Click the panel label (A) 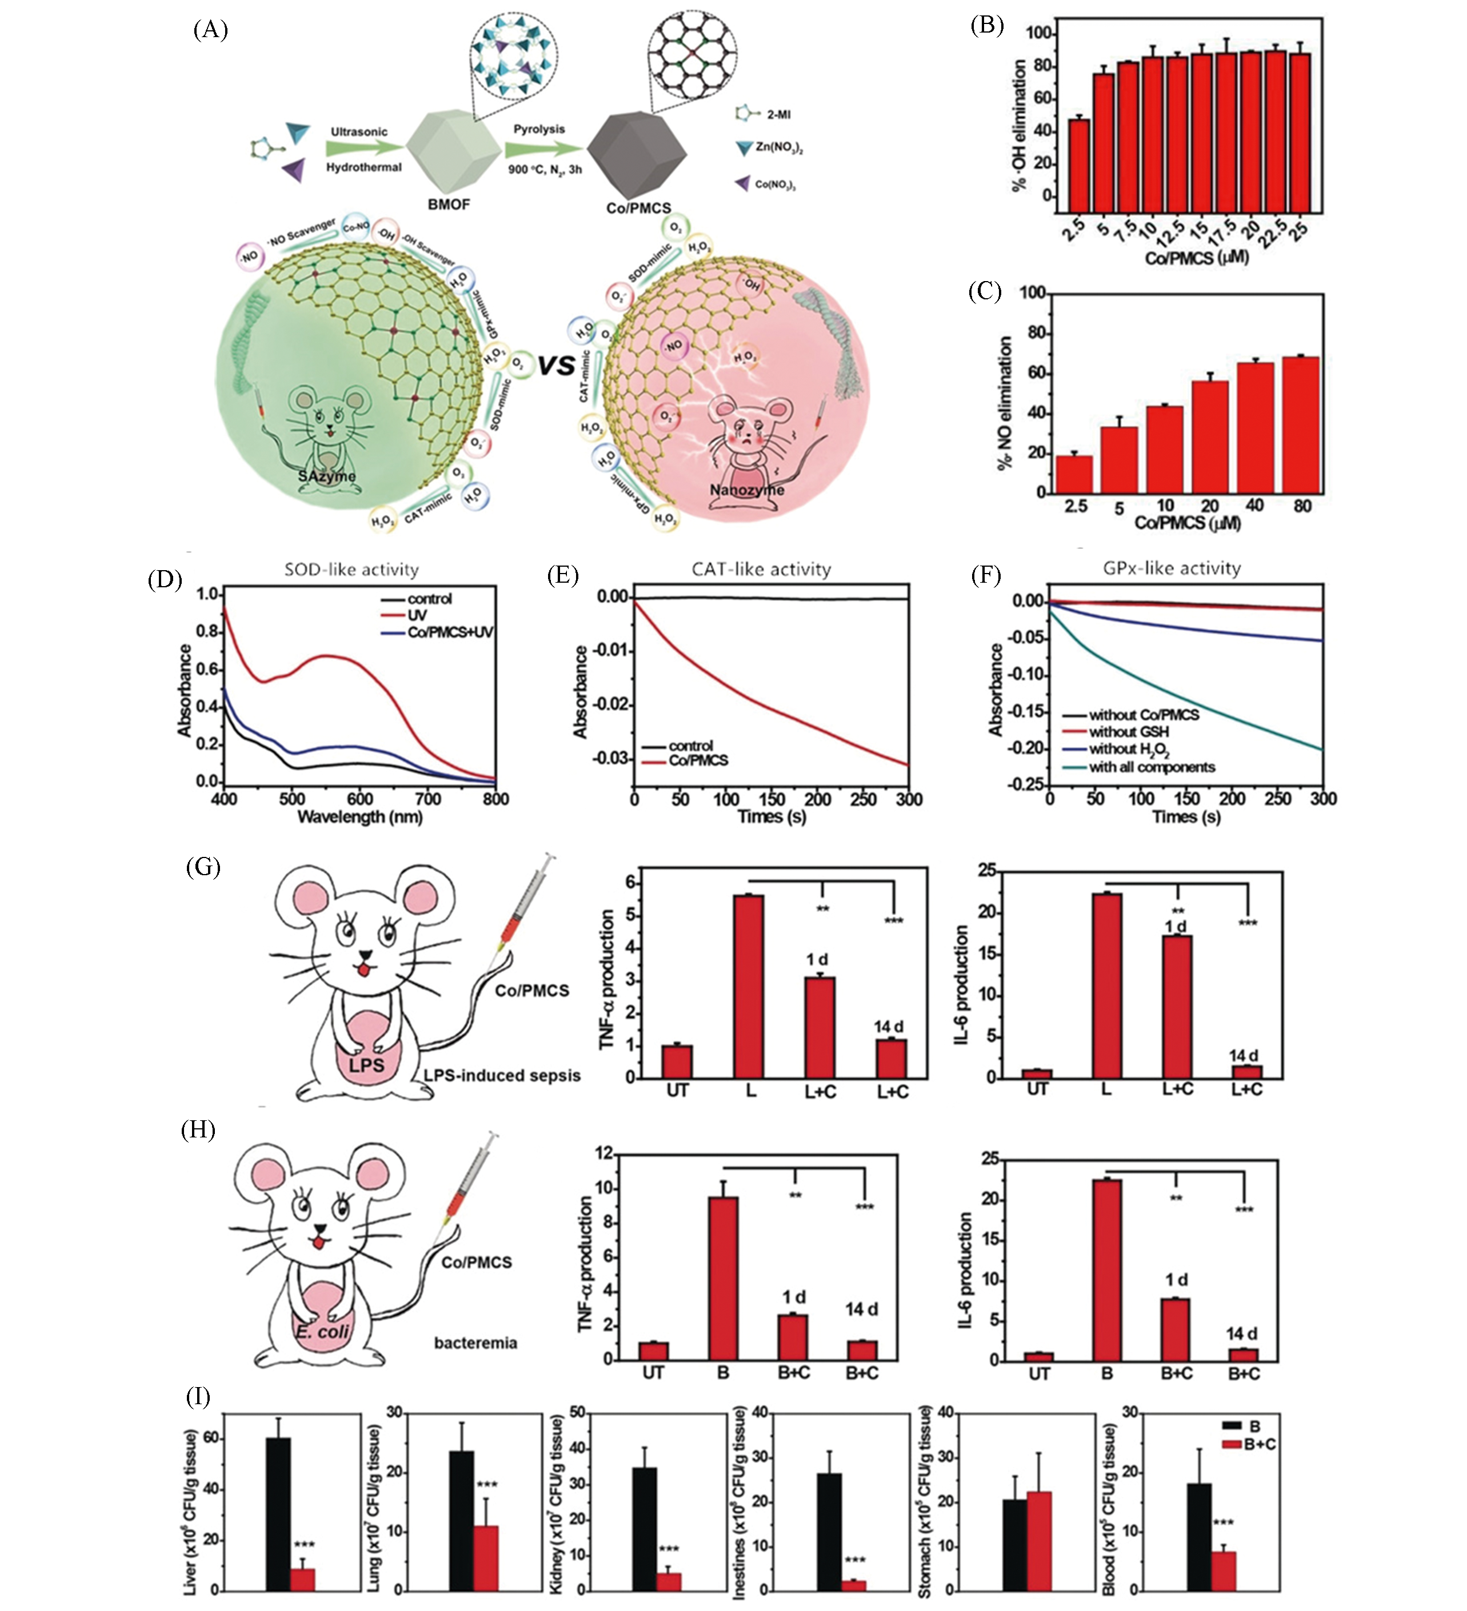pyautogui.click(x=210, y=30)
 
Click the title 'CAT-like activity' pyautogui.click(x=761, y=570)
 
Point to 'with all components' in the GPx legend pyautogui.click(x=1151, y=767)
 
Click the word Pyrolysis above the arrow pyautogui.click(x=539, y=129)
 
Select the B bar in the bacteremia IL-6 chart pyautogui.click(x=1106, y=1270)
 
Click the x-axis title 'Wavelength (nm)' pyautogui.click(x=360, y=817)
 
